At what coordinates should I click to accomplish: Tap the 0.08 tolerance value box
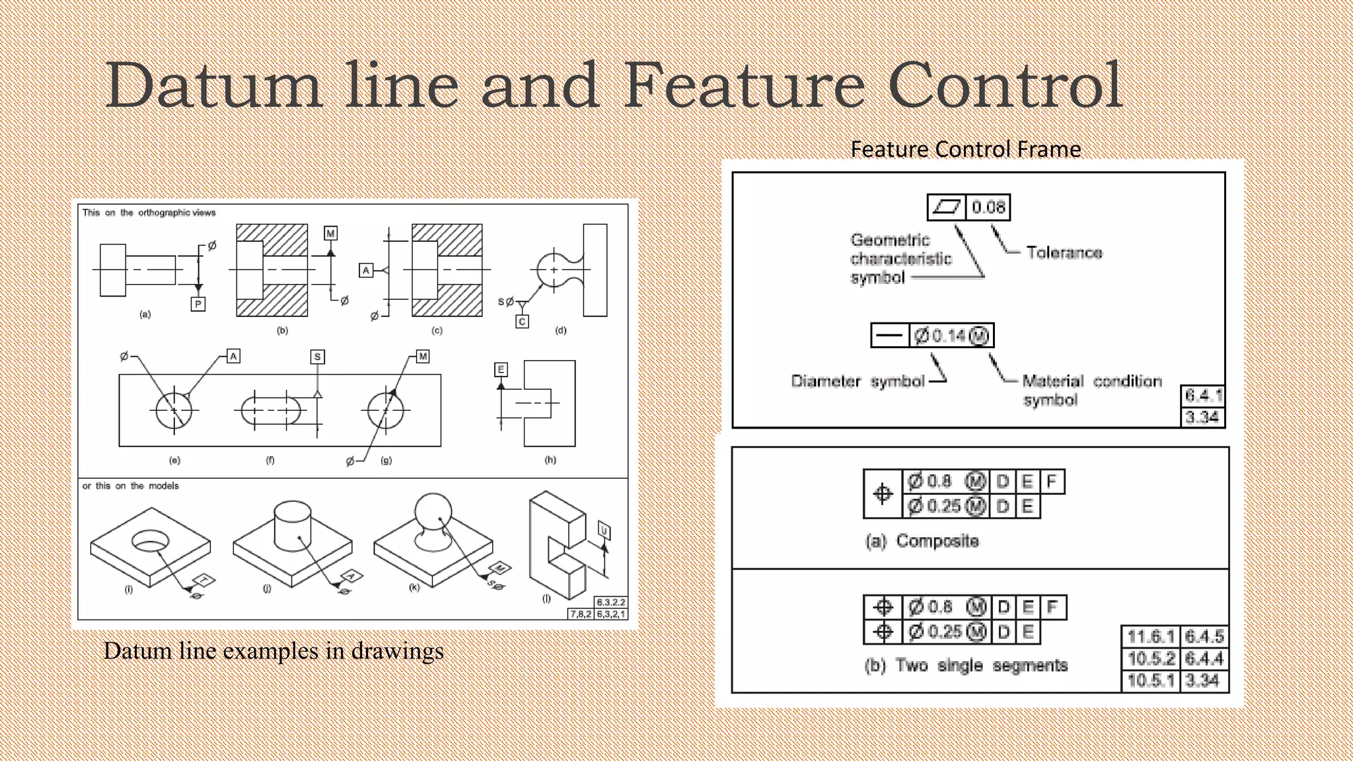988,207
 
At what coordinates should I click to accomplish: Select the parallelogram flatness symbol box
946,207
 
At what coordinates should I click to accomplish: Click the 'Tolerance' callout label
1064,252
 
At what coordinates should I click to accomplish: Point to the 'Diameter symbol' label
858,381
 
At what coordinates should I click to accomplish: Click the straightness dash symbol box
889,336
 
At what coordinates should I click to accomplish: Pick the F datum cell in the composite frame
1052,482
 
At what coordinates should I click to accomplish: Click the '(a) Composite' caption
922,541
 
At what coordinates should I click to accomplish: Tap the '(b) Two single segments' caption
965,665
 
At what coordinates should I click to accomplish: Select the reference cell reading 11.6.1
1150,637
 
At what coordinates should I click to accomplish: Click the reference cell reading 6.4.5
1204,637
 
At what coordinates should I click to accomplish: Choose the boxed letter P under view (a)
198,305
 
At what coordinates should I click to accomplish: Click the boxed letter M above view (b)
330,233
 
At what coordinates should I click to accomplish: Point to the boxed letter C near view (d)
522,322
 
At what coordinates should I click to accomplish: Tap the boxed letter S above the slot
318,357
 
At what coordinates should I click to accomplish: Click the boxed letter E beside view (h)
501,369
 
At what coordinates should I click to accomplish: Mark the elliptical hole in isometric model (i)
151,540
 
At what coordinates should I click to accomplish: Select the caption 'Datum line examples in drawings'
274,651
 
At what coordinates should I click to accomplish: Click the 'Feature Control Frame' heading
965,149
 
